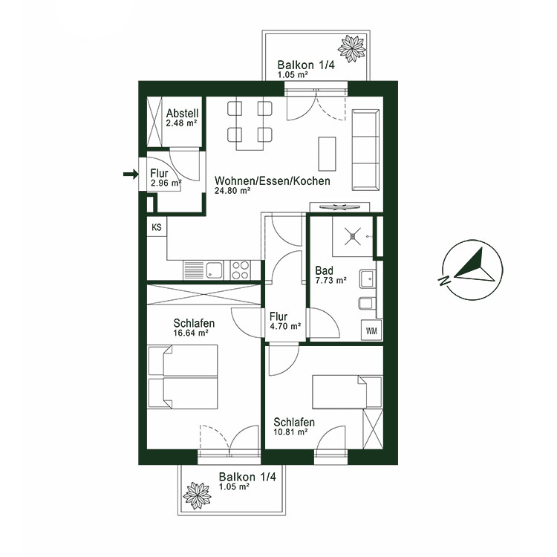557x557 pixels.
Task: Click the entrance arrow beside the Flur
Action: pos(131,175)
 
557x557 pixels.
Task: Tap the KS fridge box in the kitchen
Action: pos(157,227)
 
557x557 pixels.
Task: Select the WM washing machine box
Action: pos(371,330)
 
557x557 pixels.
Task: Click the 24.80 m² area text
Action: pos(232,191)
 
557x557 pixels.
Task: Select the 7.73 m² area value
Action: pos(330,281)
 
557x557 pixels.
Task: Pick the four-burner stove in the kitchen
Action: pos(241,269)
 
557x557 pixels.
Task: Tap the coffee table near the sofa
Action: pos(326,154)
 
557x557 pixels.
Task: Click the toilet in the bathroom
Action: pos(366,304)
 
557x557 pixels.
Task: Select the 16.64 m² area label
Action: pos(191,334)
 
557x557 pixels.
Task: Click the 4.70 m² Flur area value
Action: pos(285,326)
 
